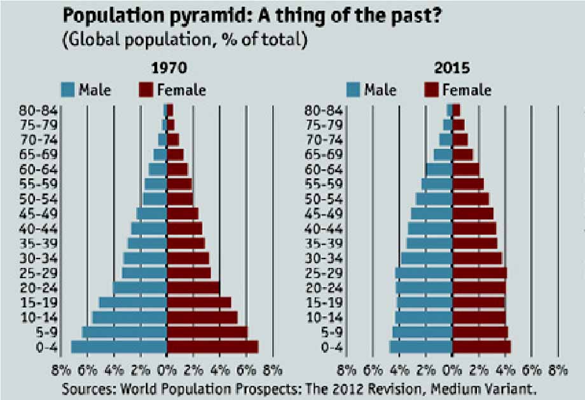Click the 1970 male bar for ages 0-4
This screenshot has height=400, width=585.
pyautogui.click(x=119, y=347)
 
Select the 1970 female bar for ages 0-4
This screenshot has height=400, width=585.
pyautogui.click(x=212, y=347)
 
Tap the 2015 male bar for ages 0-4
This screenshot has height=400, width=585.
pyautogui.click(x=421, y=347)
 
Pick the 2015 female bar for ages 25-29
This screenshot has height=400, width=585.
pyautogui.click(x=479, y=273)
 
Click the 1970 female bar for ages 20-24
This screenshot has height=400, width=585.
pyautogui.click(x=193, y=288)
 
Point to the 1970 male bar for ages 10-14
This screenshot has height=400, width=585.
pyautogui.click(x=130, y=317)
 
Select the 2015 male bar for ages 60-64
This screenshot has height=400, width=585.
pyautogui.click(x=439, y=170)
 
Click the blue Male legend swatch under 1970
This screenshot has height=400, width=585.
pyautogui.click(x=69, y=90)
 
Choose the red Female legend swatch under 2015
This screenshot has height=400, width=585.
pyautogui.click(x=431, y=90)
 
